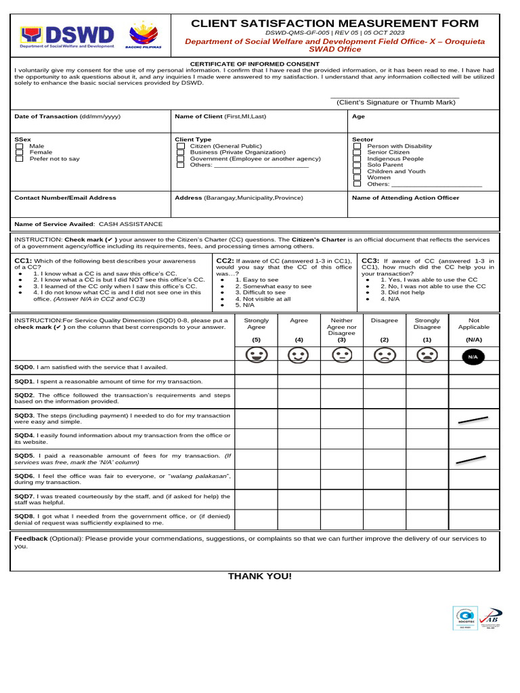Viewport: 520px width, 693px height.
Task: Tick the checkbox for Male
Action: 20,146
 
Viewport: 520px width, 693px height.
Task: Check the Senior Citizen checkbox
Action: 357,152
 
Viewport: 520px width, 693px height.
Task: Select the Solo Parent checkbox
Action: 357,165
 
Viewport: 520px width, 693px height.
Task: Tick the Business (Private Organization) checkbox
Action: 180,152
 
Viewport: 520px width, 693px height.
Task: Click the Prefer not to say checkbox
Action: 20,159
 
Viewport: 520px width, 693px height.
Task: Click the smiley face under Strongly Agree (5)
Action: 256,355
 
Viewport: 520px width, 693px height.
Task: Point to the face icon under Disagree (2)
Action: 384,355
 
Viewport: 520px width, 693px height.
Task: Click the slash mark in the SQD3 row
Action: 473,420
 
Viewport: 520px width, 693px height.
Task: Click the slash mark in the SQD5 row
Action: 471,460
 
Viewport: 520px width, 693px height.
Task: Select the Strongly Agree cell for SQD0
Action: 256,367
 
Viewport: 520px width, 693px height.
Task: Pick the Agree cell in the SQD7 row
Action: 299,499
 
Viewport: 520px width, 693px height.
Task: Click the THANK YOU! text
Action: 260,576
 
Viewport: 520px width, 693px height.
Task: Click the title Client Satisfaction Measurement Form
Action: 334,24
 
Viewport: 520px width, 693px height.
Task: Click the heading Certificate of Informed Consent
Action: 255,63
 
